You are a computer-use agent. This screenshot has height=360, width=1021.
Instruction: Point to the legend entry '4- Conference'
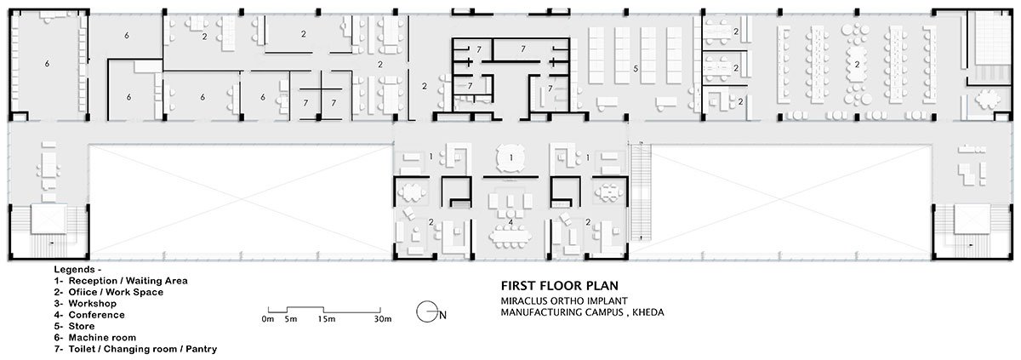(89, 314)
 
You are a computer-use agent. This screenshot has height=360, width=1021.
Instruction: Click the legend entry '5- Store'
(77, 325)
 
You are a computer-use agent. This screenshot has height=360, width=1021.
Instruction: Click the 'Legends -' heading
(77, 269)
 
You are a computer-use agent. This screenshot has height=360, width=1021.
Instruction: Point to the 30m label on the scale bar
(382, 319)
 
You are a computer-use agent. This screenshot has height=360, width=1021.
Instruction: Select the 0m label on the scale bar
(267, 319)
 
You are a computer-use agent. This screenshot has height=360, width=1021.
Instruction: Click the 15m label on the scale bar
(324, 319)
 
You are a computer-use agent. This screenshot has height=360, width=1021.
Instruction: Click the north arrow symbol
(427, 313)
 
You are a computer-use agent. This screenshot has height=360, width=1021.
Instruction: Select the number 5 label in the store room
(635, 67)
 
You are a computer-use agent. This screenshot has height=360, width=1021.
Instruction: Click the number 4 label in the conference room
(510, 222)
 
